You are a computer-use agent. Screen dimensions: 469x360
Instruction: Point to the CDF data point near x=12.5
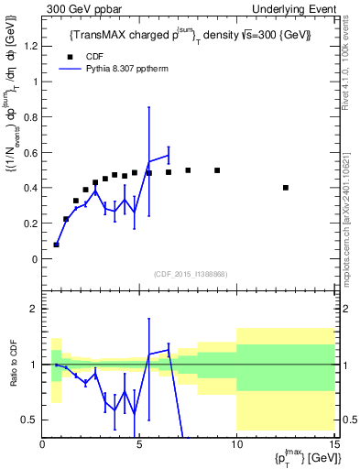coord(287,188)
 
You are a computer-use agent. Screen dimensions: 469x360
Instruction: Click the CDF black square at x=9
coord(217,170)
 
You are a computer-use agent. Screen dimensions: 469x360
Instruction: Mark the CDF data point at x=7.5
coord(188,170)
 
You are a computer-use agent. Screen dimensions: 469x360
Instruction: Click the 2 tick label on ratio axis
coord(35,309)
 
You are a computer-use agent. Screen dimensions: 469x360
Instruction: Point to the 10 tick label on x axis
coord(236,445)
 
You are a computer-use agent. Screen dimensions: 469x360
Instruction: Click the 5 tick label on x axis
coord(139,445)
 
